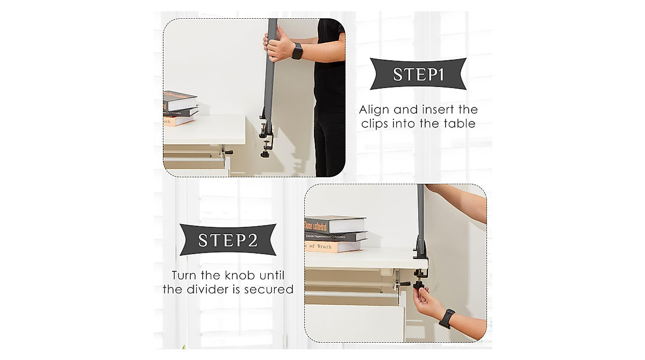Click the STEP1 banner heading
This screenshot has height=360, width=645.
pos(418,74)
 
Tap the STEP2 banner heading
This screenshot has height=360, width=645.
pos(227,240)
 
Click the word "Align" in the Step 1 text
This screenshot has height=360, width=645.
pos(375,110)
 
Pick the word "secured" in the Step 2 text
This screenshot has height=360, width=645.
pos(270,290)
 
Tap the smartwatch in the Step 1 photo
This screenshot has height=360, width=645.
pos(297,51)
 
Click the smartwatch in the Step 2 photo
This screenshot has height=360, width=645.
pos(447,318)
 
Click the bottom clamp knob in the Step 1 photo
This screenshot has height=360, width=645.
pos(264,153)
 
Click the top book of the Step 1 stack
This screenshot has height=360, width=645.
pos(179,100)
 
